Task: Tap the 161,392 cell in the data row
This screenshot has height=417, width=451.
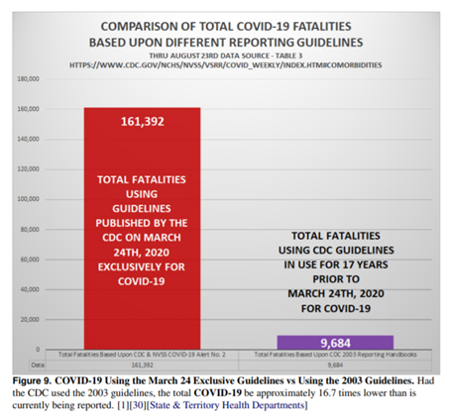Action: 143,363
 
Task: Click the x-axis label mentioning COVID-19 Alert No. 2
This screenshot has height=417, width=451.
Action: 143,354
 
